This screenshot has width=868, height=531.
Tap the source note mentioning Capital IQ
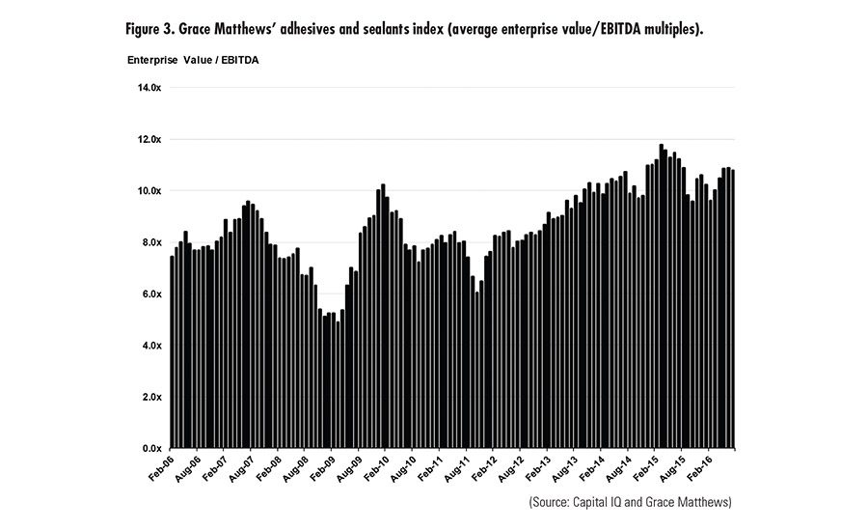point(631,503)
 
